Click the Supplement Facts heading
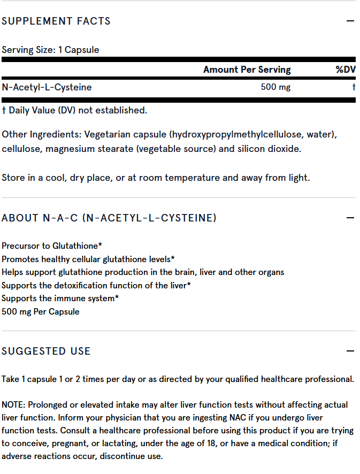[56, 21]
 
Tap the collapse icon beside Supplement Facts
[350, 21]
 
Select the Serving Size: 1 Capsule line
[50, 50]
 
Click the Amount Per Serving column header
[247, 70]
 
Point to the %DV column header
[346, 70]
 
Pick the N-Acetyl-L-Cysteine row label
[47, 87]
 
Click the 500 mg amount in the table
[275, 87]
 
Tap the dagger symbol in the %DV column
[354, 87]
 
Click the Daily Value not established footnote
[74, 110]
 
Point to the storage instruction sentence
[156, 178]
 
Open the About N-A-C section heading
[109, 218]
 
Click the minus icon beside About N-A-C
[350, 218]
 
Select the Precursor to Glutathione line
[52, 246]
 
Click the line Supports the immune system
[60, 298]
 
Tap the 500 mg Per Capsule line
[41, 311]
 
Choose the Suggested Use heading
[46, 351]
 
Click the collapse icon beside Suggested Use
[350, 351]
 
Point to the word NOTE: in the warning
[13, 404]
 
